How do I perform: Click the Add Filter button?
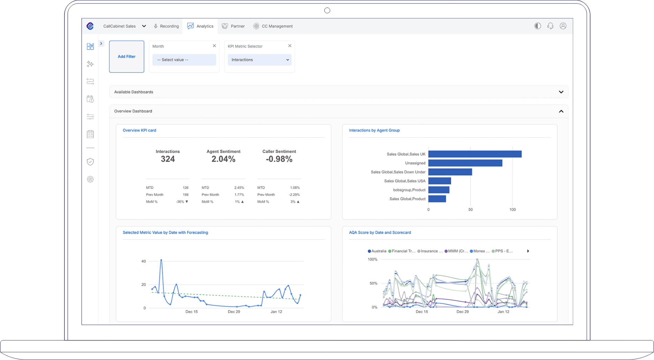[x=127, y=57]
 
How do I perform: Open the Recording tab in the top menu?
[x=166, y=26]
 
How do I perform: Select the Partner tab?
[x=233, y=26]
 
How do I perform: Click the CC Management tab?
[x=273, y=26]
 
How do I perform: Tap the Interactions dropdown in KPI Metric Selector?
[x=260, y=60]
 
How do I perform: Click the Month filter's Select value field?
[x=184, y=60]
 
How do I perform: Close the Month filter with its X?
[x=214, y=46]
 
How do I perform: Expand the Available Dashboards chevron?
[x=561, y=92]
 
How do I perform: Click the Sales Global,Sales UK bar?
[x=475, y=154]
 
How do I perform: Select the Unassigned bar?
[x=465, y=163]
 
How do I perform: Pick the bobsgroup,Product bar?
[x=439, y=190]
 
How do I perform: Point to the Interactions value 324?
[x=168, y=159]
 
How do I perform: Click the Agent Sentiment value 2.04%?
[x=223, y=159]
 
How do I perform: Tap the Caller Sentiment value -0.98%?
[x=279, y=159]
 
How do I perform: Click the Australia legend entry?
[x=377, y=251]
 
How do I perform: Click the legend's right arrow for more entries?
[x=528, y=251]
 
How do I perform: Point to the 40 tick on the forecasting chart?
[x=144, y=261]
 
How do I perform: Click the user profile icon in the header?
[x=563, y=26]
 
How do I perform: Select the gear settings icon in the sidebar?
[x=90, y=179]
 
